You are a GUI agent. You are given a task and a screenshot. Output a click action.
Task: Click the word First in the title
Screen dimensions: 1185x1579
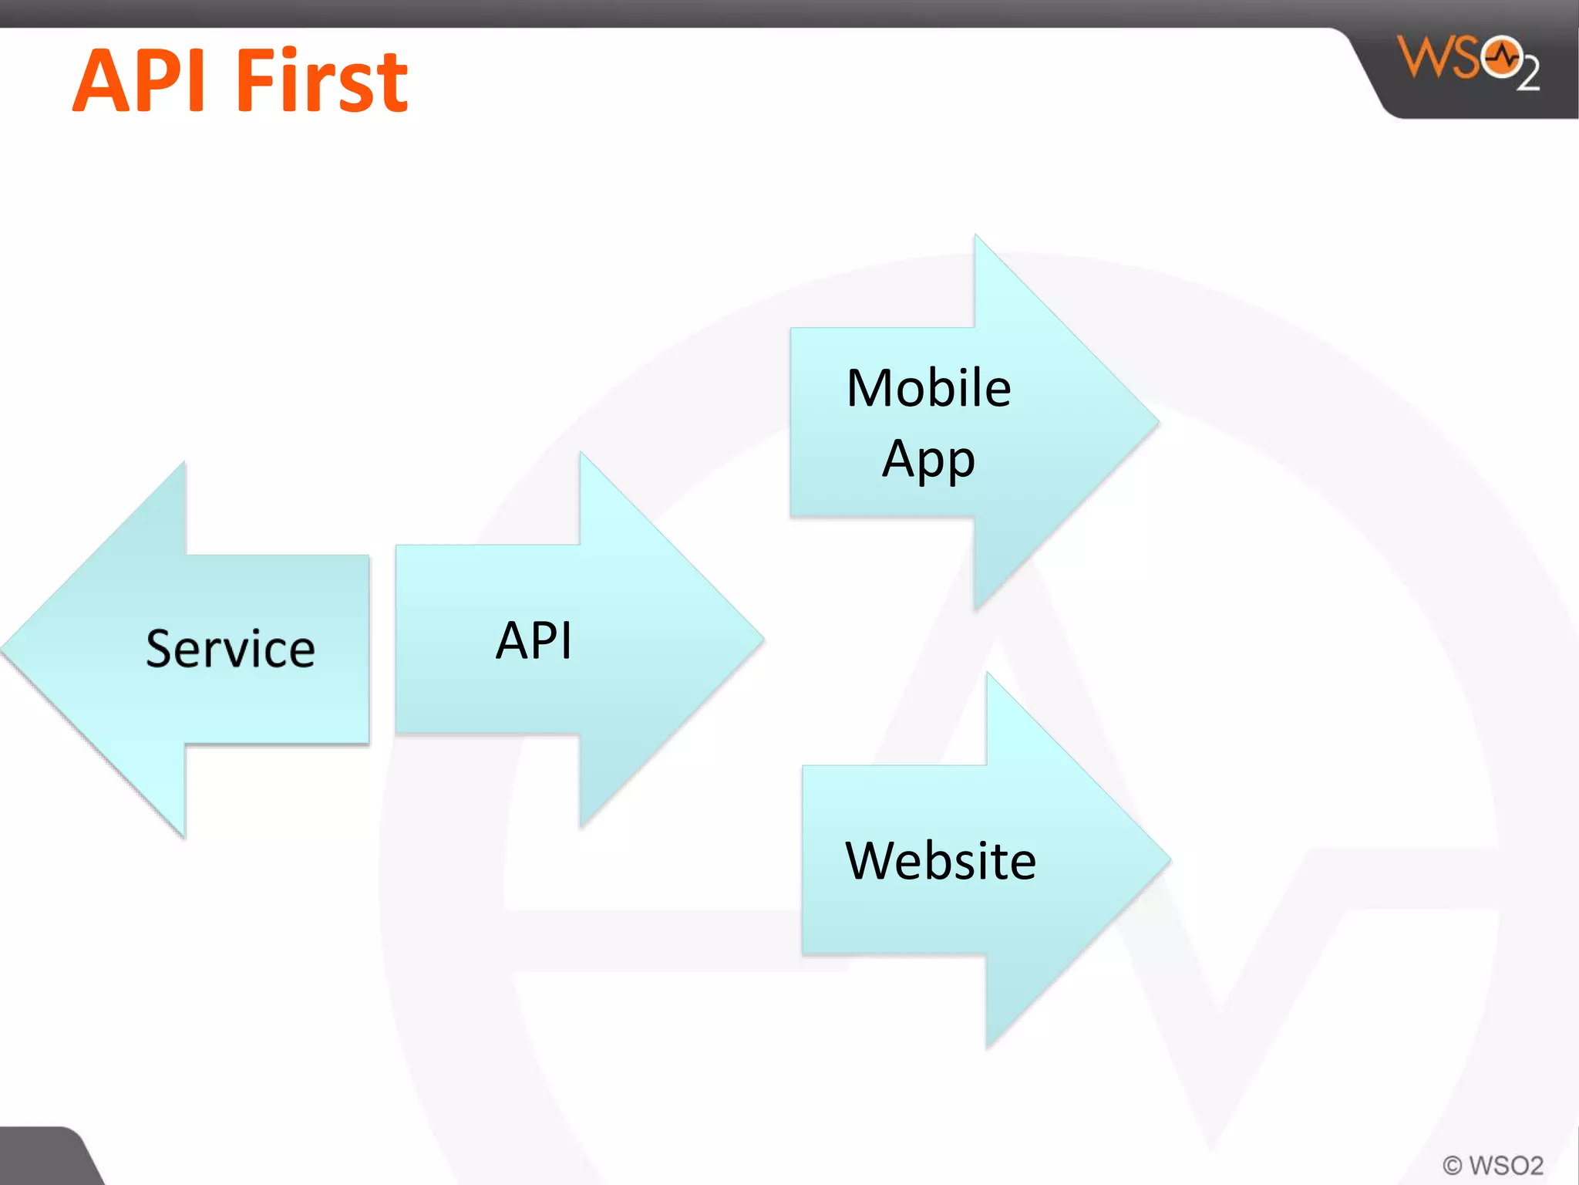322,81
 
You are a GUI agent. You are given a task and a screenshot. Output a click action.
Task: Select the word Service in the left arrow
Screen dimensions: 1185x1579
231,649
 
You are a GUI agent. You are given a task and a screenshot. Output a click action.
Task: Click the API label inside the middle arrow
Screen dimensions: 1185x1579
534,640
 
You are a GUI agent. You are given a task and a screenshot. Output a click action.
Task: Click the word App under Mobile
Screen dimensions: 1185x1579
928,460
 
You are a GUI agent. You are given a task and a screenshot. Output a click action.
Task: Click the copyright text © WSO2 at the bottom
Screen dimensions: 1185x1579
1493,1164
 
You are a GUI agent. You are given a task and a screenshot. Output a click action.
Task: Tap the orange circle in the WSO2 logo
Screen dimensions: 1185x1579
1501,57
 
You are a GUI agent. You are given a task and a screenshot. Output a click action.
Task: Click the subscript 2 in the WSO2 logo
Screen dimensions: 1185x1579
1529,74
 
